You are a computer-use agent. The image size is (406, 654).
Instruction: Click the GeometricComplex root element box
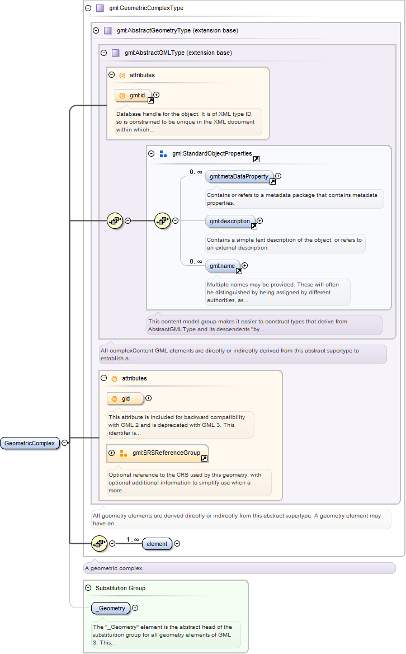tap(30, 443)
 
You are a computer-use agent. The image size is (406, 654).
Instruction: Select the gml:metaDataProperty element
tap(240, 176)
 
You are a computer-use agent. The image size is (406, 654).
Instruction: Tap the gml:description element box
tap(230, 221)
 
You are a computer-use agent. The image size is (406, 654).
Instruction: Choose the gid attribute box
tap(125, 399)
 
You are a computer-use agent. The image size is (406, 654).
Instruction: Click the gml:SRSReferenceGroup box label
tap(166, 453)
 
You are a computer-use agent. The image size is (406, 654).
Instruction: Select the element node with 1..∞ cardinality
tap(157, 544)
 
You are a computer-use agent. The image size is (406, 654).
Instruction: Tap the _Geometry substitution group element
tap(111, 608)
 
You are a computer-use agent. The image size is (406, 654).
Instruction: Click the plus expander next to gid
tap(148, 398)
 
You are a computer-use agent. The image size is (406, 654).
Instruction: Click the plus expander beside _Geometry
tap(135, 608)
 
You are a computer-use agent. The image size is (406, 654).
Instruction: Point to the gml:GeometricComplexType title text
tap(147, 8)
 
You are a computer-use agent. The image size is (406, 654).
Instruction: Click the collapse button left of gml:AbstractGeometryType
tap(96, 30)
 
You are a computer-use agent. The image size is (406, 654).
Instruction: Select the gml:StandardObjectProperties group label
tap(212, 153)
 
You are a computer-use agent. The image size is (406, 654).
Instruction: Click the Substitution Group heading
tap(120, 588)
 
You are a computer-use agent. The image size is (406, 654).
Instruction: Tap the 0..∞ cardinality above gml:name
tap(196, 261)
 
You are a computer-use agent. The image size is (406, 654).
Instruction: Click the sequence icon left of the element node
tap(99, 543)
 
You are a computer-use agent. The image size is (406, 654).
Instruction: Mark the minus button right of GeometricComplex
tap(65, 443)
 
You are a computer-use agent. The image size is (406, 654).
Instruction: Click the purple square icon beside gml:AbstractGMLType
tap(115, 53)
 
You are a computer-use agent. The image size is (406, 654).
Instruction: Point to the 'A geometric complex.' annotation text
tap(114, 568)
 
